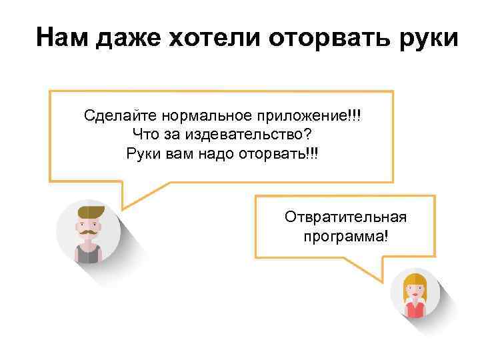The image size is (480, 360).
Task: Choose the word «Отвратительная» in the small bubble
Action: [345, 218]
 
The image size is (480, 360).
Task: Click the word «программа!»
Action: [345, 237]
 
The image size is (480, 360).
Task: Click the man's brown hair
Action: [90, 212]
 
